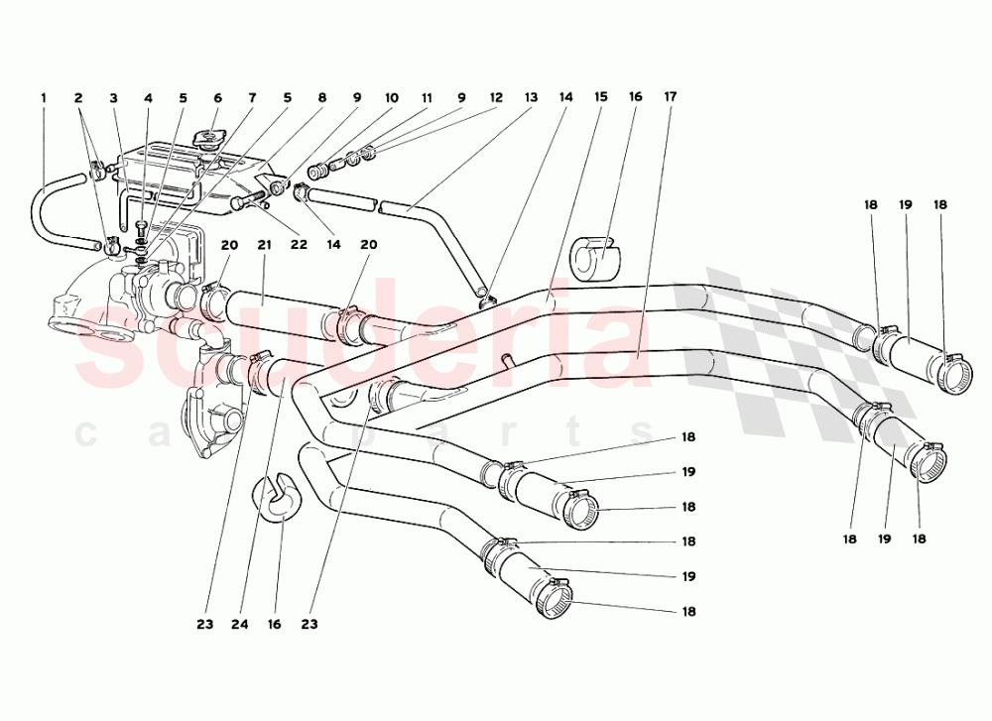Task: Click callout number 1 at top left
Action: tap(44, 98)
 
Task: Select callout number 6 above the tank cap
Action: tap(217, 98)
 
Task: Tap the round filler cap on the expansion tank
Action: tap(208, 137)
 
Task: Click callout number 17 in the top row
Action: tap(671, 97)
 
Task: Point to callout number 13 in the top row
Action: tap(531, 98)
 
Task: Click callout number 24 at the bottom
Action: tap(240, 625)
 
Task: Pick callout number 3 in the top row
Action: tap(113, 98)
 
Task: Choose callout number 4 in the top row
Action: tap(148, 98)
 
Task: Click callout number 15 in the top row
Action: tap(600, 97)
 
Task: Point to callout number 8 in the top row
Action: tap(321, 98)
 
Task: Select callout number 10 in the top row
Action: tap(392, 98)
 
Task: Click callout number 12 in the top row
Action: tap(495, 98)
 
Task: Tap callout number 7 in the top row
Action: tap(252, 98)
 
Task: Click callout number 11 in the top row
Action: tap(427, 98)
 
